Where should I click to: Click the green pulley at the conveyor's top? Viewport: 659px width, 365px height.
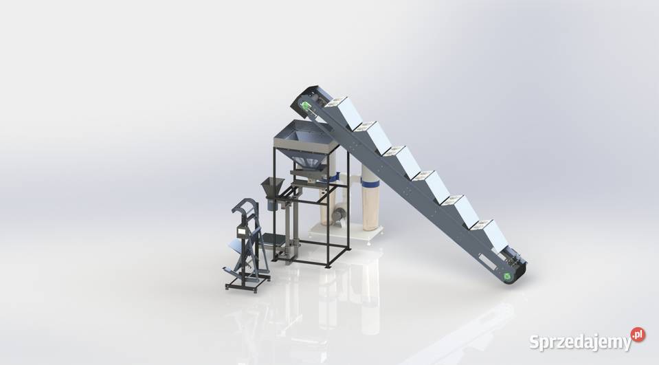tap(304, 106)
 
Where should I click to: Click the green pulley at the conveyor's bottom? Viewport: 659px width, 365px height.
tap(508, 276)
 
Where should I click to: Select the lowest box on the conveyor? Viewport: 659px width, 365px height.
tap(489, 234)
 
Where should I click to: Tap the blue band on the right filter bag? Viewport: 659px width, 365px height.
tap(370, 183)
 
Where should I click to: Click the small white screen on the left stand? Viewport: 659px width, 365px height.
tap(241, 230)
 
